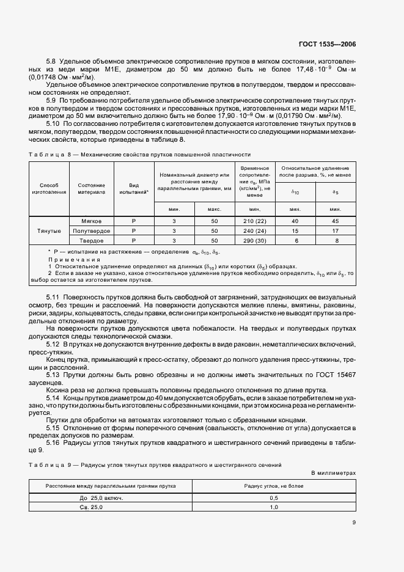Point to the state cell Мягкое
click(91, 221)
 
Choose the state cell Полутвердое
click(91, 231)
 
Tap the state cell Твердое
click(91, 241)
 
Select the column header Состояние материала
click(91, 188)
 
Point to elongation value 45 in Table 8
click(335, 221)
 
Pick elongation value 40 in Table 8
click(295, 221)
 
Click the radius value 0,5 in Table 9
click(274, 498)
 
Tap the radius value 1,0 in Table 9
click(274, 507)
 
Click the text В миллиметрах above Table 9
click(333, 473)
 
